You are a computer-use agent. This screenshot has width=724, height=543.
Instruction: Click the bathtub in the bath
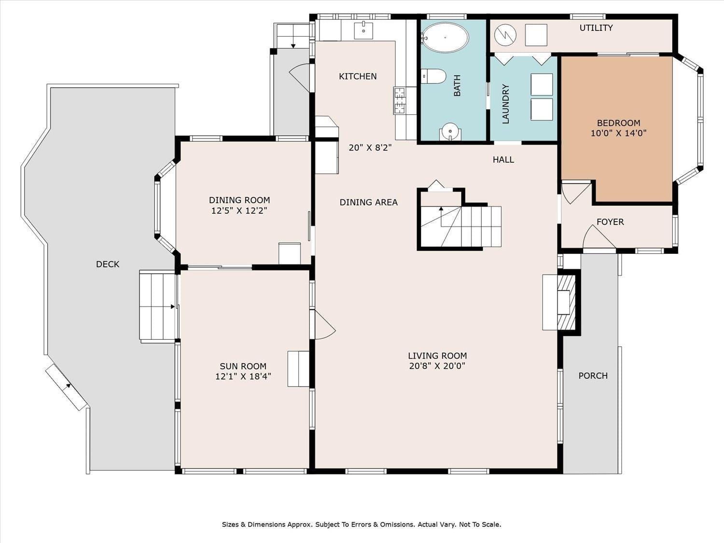(445, 37)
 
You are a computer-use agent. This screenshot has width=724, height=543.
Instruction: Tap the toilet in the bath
(433, 76)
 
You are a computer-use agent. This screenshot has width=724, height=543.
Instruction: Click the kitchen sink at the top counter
(363, 30)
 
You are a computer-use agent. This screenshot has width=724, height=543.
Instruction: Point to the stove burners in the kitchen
(400, 100)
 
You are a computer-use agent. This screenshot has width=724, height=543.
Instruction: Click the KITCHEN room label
(358, 76)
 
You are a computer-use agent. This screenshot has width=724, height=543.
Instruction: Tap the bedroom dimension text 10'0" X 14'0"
(618, 133)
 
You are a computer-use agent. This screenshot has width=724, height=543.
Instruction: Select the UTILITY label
(596, 28)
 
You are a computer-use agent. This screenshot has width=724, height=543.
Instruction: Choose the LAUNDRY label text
(506, 104)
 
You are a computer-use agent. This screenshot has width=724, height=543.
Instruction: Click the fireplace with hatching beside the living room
(566, 302)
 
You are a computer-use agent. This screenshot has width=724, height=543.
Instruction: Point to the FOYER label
(610, 222)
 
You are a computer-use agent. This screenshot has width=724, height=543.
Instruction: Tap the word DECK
(108, 264)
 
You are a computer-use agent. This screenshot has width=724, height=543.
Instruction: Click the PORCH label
(593, 376)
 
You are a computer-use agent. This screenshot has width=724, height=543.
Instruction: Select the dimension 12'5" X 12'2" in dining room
(239, 210)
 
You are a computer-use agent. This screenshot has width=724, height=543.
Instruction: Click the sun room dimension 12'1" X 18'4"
(243, 376)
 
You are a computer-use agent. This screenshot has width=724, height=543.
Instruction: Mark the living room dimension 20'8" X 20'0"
(437, 366)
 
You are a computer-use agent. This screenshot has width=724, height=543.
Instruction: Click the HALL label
(503, 160)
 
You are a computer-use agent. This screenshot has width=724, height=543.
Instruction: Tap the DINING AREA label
(369, 202)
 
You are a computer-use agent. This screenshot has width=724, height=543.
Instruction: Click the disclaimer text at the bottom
(362, 524)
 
